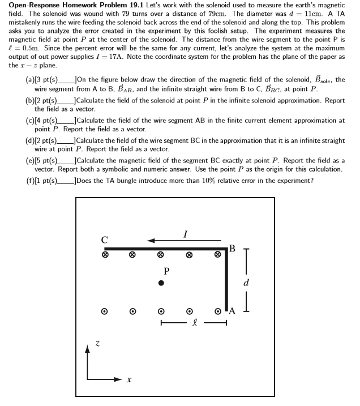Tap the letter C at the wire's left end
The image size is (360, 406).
pyautogui.click(x=105, y=240)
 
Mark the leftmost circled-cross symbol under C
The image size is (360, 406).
pyautogui.click(x=105, y=255)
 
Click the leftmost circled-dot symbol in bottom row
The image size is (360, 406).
pyautogui.click(x=104, y=311)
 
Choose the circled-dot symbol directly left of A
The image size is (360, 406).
pyautogui.click(x=217, y=311)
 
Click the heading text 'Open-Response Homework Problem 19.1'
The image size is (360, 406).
pyautogui.click(x=75, y=5)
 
